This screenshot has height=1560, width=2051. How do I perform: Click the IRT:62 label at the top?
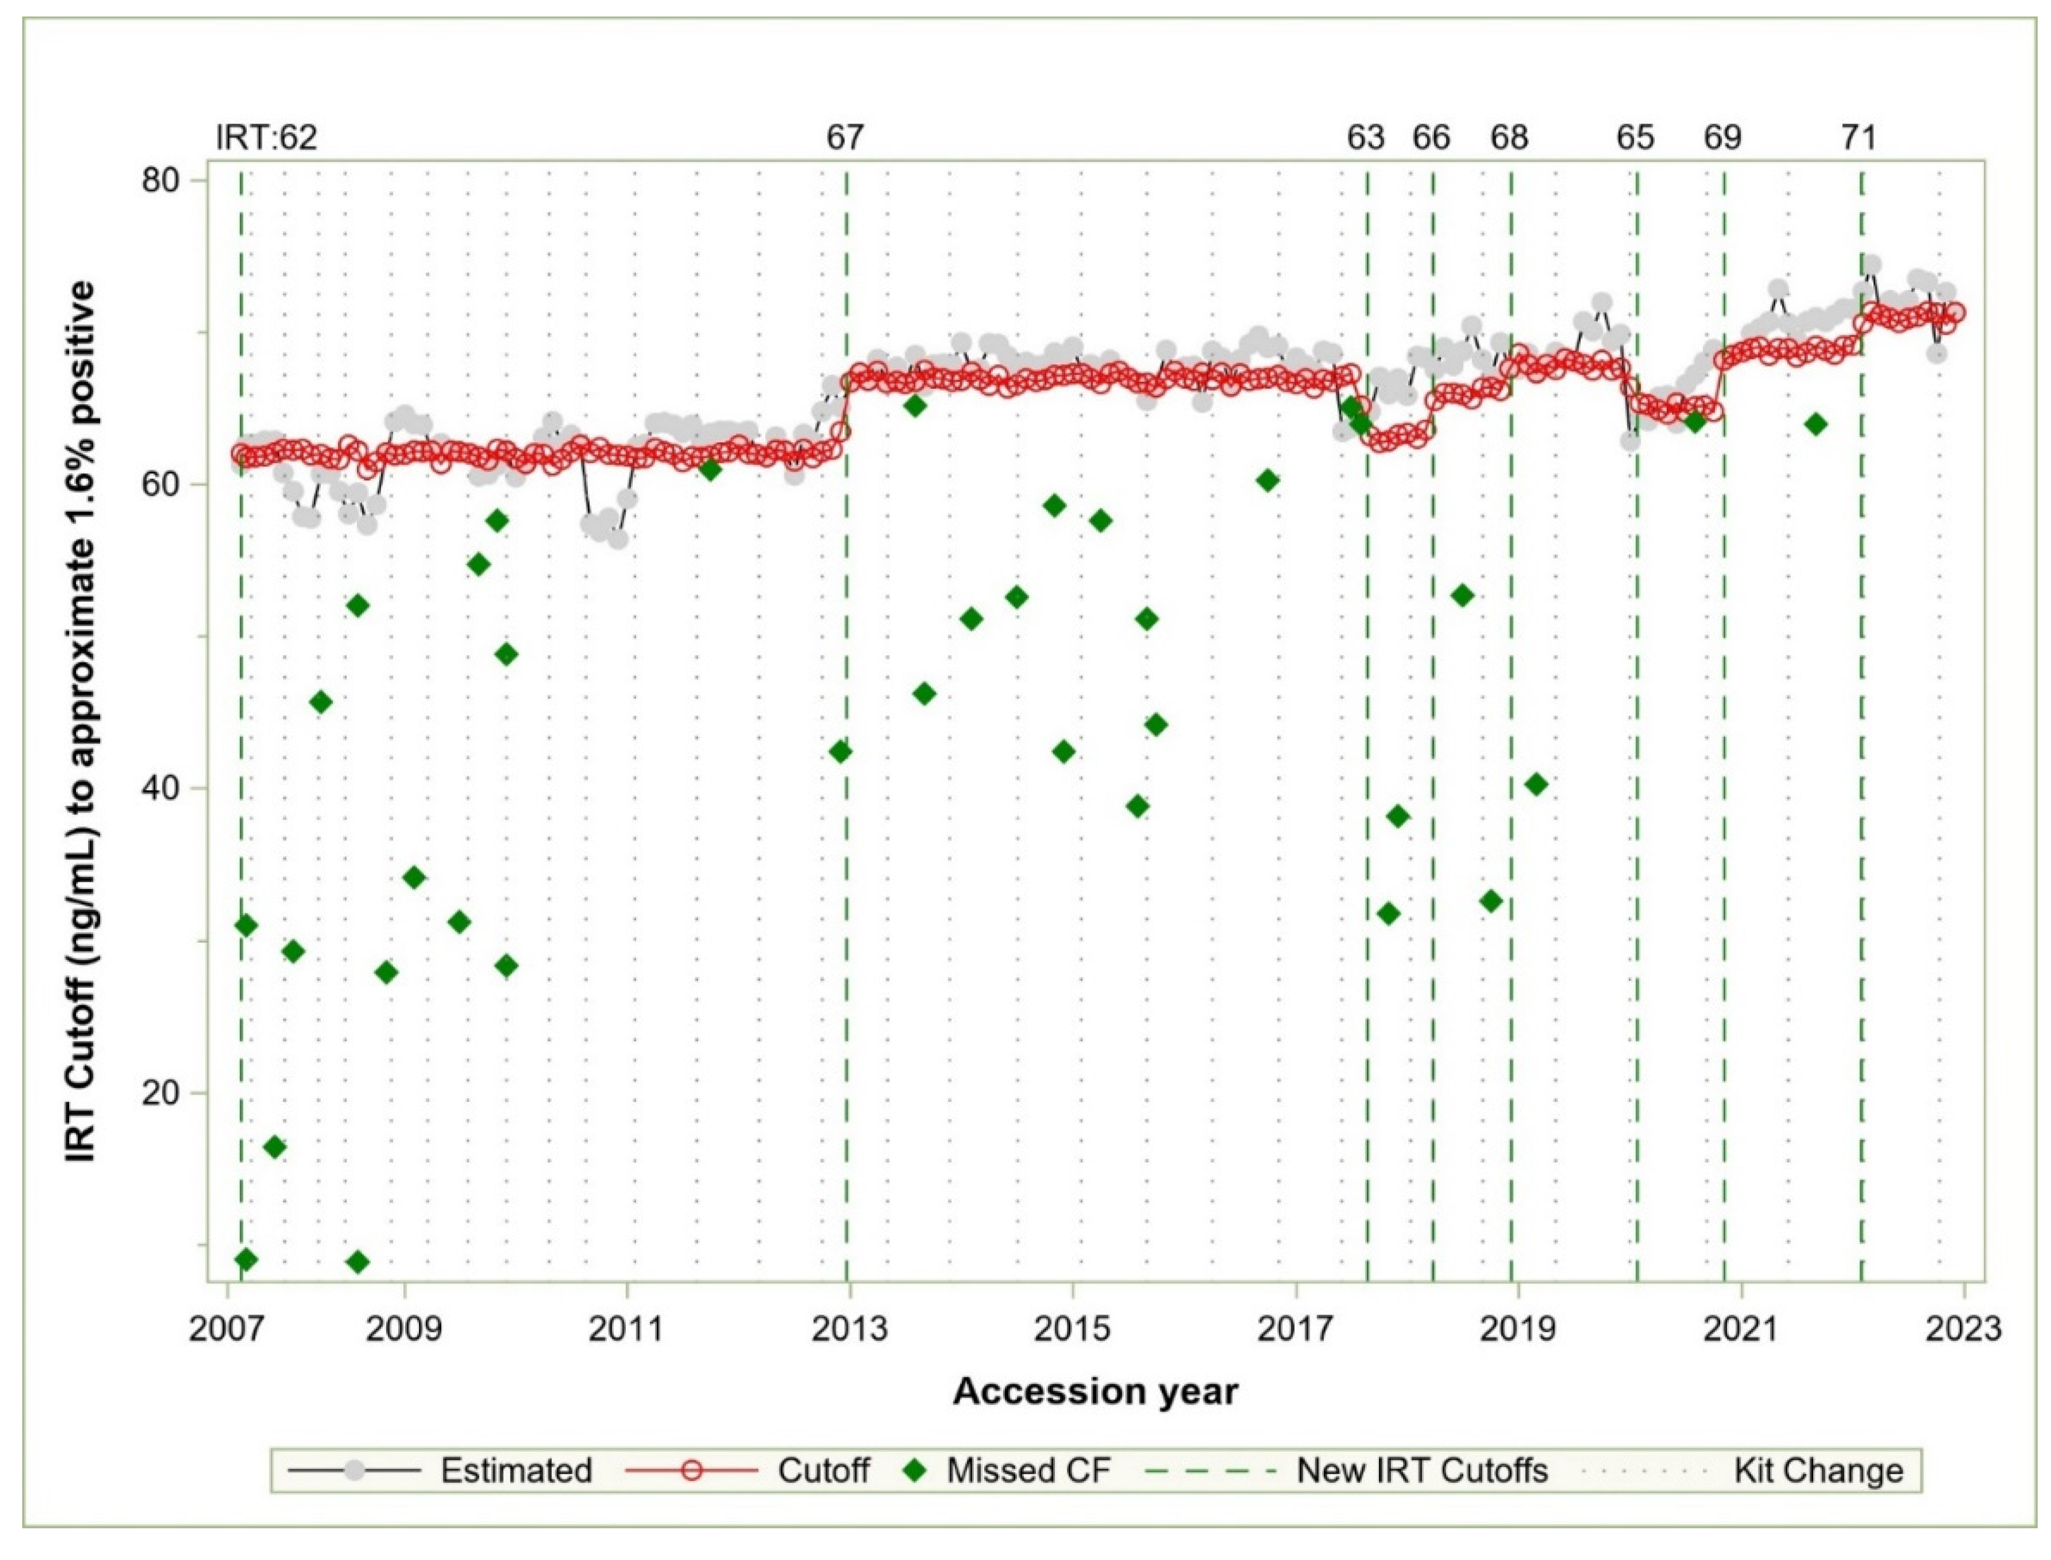(x=266, y=138)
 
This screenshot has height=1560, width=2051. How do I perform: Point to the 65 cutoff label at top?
(x=1635, y=138)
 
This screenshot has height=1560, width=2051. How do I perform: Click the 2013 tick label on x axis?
(x=849, y=1330)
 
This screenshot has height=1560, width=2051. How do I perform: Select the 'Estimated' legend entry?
(x=515, y=1471)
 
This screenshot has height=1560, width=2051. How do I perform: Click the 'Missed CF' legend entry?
(x=1028, y=1471)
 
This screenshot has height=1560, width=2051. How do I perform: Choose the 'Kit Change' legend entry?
(x=1818, y=1471)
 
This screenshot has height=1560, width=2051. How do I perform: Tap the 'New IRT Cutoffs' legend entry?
(x=1421, y=1471)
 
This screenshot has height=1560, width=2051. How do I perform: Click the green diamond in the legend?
(x=917, y=1471)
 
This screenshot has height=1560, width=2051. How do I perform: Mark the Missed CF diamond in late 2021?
(x=1816, y=424)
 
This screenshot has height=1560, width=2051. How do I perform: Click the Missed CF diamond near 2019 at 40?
(x=1536, y=783)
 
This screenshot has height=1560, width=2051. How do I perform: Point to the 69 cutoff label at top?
(x=1723, y=138)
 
